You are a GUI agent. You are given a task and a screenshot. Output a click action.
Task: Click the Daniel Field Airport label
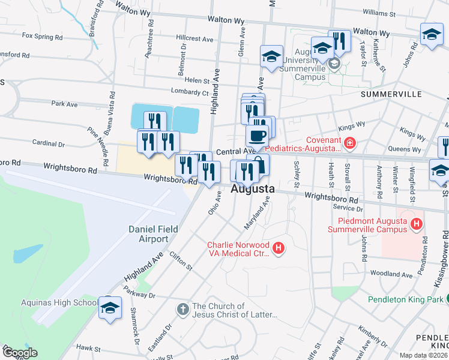149,234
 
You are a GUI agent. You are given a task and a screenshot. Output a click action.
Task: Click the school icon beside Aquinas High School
110,308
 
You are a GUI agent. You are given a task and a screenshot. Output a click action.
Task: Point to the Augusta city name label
253,189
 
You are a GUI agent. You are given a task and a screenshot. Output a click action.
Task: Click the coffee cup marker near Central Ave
258,136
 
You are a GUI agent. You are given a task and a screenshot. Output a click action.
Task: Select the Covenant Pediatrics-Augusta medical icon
349,143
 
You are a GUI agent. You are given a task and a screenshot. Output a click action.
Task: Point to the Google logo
20,353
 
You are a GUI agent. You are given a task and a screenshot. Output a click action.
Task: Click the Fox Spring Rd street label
42,36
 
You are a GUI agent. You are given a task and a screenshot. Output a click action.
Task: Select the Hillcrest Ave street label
195,38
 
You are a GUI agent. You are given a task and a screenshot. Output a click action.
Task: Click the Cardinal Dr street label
49,144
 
